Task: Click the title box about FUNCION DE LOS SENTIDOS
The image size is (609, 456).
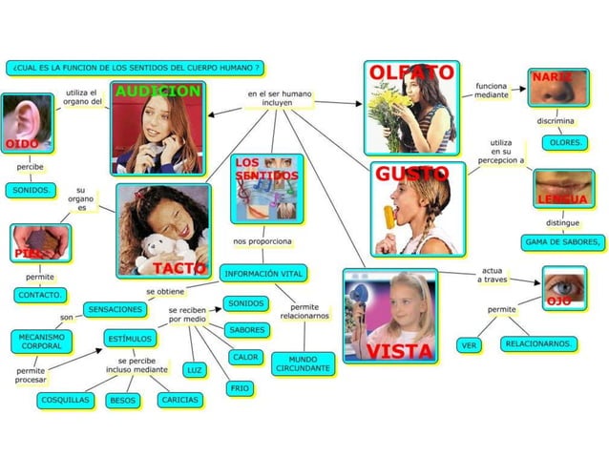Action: (135, 69)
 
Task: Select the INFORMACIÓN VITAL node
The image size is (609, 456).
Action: (264, 274)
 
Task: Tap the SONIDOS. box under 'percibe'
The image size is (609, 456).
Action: (32, 190)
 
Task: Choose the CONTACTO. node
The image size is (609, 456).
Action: (40, 296)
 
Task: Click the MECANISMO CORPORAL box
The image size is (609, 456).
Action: (42, 341)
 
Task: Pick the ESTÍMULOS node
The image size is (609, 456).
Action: (130, 338)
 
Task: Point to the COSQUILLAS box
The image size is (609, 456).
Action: (66, 400)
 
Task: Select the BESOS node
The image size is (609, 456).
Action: (123, 401)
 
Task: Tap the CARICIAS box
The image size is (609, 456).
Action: (178, 400)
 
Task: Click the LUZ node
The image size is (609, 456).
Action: (194, 369)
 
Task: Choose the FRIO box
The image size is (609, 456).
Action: (240, 388)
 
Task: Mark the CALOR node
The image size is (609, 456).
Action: (245, 357)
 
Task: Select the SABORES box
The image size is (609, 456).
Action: (246, 329)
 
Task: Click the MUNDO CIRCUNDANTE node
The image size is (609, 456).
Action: (304, 363)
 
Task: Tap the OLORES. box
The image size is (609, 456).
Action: (566, 142)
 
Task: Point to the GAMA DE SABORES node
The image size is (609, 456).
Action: (563, 242)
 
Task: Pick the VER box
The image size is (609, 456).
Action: (469, 345)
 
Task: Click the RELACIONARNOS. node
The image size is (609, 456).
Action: (539, 342)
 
